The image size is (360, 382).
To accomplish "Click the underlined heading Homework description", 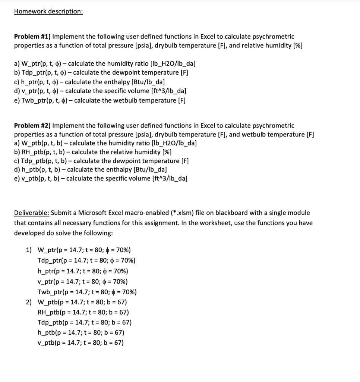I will coord(48,11).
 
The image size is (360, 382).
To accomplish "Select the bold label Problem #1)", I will coord(32,37).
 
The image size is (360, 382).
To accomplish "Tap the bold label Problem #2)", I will coord(32,126).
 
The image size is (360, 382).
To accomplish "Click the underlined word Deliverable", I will coord(31,213).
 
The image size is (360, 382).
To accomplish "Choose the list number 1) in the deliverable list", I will coord(29,250).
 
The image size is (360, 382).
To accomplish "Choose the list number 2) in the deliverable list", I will coord(29,302).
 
